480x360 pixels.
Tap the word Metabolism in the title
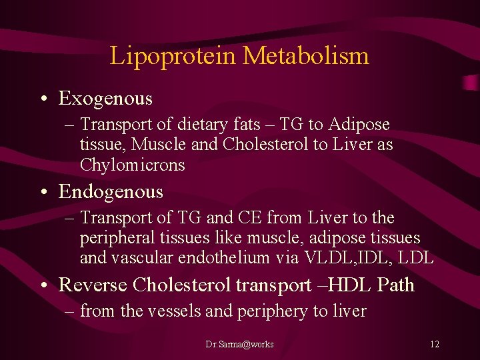[x=306, y=55]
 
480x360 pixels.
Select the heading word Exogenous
[x=105, y=99]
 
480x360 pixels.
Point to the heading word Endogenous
[x=111, y=192]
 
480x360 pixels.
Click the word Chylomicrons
[x=132, y=165]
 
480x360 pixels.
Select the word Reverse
[x=93, y=285]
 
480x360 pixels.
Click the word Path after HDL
[x=395, y=285]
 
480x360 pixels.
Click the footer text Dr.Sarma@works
[x=239, y=345]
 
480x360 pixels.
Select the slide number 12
[x=435, y=345]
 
